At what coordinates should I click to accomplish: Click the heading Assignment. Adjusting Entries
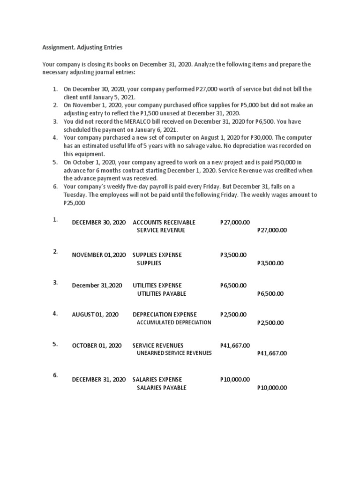pos(82,47)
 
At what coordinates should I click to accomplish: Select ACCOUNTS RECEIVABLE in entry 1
pos(164,222)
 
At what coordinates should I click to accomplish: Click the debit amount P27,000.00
pos(235,222)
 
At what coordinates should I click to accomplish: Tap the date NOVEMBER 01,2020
pos(98,255)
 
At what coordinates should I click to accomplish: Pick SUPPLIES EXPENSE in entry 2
pos(157,255)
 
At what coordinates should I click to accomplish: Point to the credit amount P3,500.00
pos(270,263)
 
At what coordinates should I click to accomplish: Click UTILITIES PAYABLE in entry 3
pos(161,293)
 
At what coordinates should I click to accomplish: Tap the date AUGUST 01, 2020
pos(95,315)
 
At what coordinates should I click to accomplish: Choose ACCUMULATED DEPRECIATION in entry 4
pos(173,322)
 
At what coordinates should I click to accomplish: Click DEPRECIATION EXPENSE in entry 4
pos(165,315)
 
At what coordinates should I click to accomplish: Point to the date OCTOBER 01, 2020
pos(97,345)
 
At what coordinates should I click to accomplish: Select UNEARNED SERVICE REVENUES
pos(174,353)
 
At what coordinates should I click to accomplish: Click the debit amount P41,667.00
pos(235,345)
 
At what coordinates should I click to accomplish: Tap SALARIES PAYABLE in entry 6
pos(161,388)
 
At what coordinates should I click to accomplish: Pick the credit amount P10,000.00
pos(272,388)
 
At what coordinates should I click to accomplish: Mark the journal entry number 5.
pos(55,344)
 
